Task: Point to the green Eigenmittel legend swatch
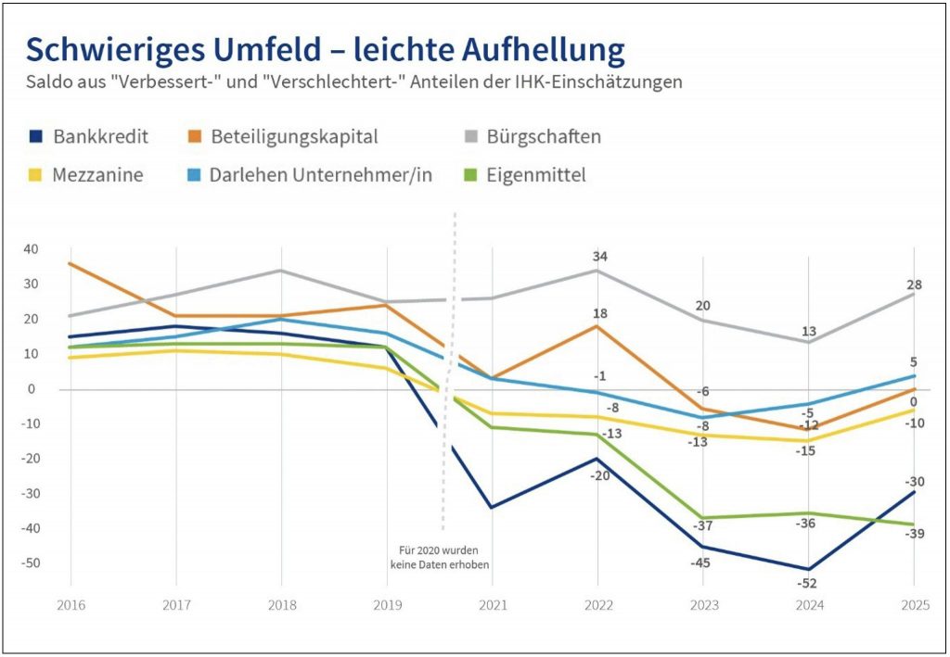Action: click(470, 174)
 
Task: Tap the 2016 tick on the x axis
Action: click(70, 604)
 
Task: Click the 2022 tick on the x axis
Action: click(597, 604)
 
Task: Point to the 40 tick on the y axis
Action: click(30, 249)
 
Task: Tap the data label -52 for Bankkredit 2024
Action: click(808, 583)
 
